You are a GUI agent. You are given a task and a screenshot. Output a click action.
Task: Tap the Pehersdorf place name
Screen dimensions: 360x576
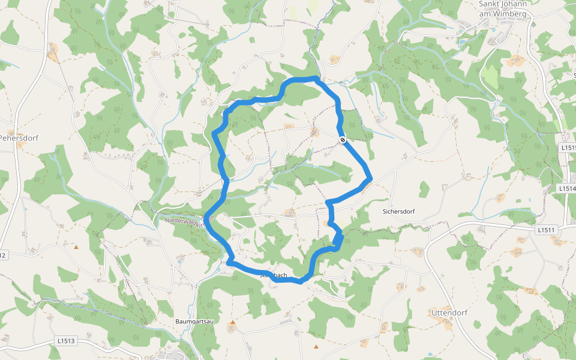pyautogui.click(x=19, y=138)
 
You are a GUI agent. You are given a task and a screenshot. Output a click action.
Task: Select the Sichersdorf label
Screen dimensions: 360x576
pyautogui.click(x=399, y=211)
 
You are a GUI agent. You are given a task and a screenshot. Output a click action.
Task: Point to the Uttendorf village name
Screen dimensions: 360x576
pyautogui.click(x=449, y=313)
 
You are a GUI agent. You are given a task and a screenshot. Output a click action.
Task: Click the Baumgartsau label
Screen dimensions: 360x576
pyautogui.click(x=196, y=322)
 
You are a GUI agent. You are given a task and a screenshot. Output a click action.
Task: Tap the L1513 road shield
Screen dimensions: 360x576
pyautogui.click(x=67, y=341)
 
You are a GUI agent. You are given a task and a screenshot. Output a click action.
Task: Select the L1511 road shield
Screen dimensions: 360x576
pyautogui.click(x=547, y=230)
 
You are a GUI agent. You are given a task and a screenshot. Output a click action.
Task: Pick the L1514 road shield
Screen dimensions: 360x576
pyautogui.click(x=567, y=188)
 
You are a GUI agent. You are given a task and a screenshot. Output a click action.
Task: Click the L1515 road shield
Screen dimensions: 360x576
pyautogui.click(x=568, y=147)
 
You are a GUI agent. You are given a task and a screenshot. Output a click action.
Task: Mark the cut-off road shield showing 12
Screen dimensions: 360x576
pyautogui.click(x=2, y=256)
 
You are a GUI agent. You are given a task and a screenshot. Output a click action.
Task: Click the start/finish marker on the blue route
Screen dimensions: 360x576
pyautogui.click(x=342, y=140)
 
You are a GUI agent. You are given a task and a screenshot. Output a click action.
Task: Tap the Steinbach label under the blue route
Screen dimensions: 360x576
pyautogui.click(x=273, y=276)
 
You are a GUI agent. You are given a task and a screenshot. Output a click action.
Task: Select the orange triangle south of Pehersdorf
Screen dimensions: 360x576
pyautogui.click(x=76, y=247)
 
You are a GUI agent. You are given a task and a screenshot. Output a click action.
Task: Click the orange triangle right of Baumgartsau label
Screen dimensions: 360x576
pyautogui.click(x=233, y=322)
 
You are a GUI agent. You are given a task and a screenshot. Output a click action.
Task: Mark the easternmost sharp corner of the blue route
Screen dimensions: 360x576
pyautogui.click(x=371, y=178)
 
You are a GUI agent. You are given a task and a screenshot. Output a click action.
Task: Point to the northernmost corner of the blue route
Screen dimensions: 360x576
pyautogui.click(x=316, y=78)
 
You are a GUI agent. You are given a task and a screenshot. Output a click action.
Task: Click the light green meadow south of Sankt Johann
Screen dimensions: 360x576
pyautogui.click(x=491, y=77)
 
